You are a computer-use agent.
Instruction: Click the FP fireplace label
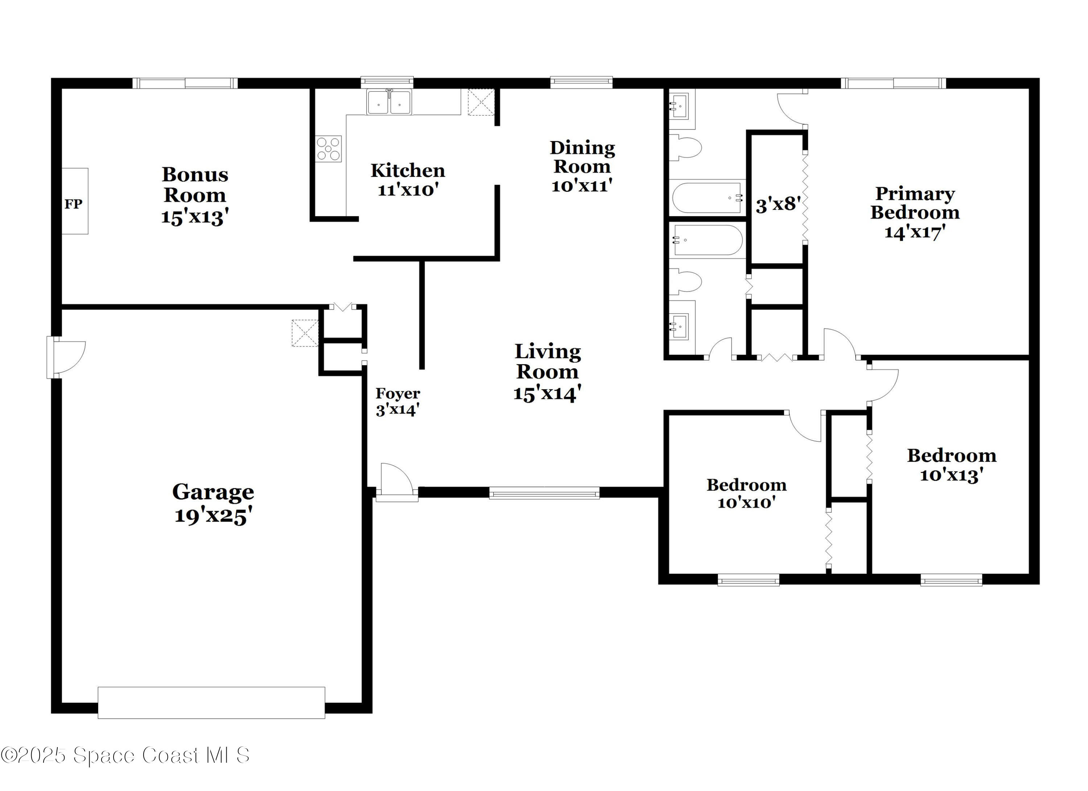point(73,204)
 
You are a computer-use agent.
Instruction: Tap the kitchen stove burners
point(329,149)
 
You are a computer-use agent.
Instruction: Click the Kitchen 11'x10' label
point(408,180)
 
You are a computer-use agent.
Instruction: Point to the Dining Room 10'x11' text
point(582,166)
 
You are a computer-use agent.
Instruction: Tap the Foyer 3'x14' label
point(398,401)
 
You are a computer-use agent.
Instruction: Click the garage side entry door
point(67,357)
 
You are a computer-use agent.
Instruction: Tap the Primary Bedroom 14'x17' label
point(915,213)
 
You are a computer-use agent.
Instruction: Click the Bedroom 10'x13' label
point(951,465)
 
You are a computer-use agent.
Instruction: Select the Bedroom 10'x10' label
point(746,493)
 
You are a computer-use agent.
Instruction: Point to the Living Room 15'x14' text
point(547,372)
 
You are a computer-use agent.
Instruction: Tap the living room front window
point(544,493)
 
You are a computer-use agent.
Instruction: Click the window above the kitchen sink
point(387,82)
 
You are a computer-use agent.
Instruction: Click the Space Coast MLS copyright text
point(125,755)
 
